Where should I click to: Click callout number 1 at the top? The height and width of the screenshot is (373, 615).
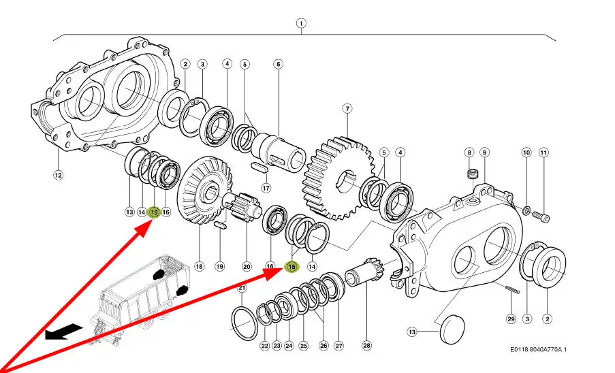point(300,22)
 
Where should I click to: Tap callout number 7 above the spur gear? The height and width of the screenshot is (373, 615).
point(347,109)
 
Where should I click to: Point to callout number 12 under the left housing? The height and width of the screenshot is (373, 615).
point(58,175)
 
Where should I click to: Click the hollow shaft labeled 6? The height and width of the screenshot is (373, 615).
point(279,149)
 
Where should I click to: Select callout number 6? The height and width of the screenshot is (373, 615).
point(278,65)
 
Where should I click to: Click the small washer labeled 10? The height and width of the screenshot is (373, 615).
point(526,207)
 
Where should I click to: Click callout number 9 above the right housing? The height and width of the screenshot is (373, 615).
point(484,152)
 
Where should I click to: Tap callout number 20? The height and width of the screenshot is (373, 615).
point(247,267)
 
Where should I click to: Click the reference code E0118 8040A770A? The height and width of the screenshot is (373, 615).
point(538,350)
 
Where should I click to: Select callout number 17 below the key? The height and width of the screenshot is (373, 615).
point(266,188)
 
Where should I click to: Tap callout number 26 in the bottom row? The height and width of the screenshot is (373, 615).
point(324,346)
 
